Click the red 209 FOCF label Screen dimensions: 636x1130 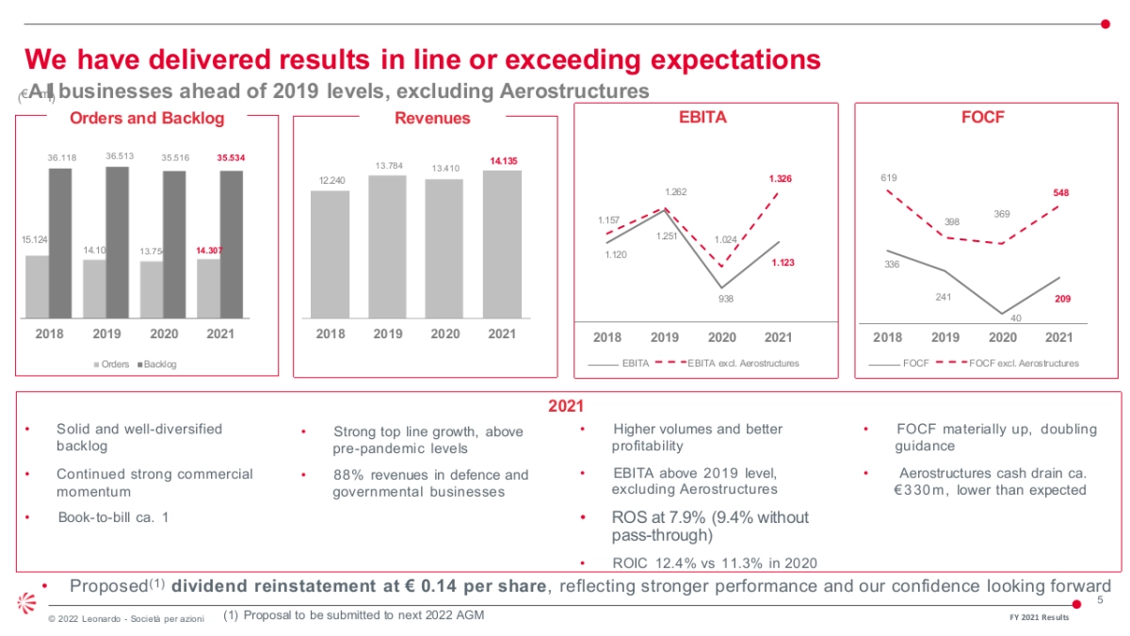[1060, 299]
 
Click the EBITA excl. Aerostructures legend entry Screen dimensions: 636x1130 [742, 363]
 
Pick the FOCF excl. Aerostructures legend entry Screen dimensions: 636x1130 [1023, 363]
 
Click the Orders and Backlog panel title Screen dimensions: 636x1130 [147, 118]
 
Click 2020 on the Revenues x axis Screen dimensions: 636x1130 [444, 334]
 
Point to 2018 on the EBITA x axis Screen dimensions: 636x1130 [607, 337]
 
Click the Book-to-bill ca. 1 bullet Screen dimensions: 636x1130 [113, 517]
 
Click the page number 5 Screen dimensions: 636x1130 [1100, 601]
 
